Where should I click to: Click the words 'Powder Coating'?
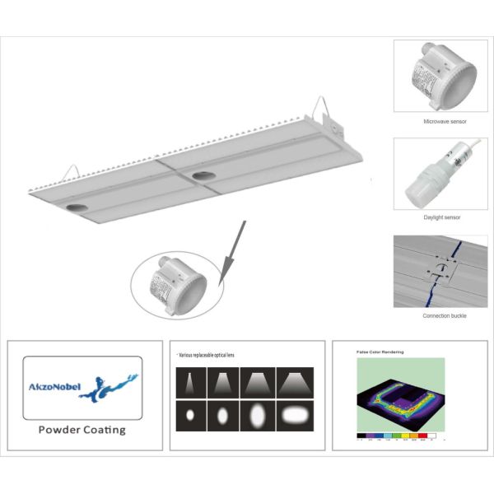tap(83, 429)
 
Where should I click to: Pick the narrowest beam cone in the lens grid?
tap(192, 380)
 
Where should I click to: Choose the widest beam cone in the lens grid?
tap(294, 380)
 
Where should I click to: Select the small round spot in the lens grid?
tap(192, 412)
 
